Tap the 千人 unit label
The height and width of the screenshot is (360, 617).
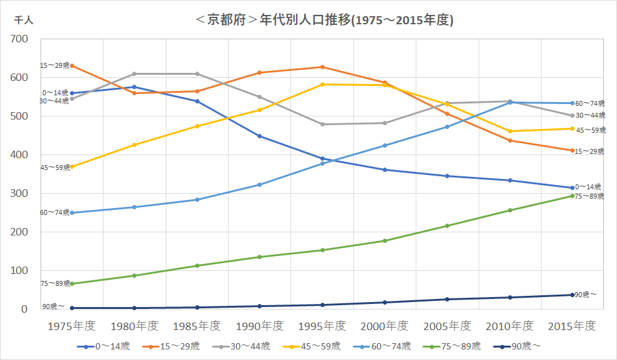click(x=24, y=20)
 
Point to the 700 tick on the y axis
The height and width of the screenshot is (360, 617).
click(x=19, y=39)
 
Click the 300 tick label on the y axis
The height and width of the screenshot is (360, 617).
click(x=19, y=193)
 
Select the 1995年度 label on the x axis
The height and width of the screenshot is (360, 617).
click(x=322, y=326)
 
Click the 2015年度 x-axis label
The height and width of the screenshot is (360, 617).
click(x=572, y=326)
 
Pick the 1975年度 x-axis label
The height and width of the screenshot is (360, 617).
click(x=72, y=326)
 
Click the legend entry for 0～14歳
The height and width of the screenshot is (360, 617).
click(x=103, y=346)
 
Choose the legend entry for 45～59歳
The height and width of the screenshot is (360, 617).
click(x=311, y=346)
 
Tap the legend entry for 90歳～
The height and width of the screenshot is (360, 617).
click(x=517, y=346)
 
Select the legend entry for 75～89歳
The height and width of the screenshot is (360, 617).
click(x=452, y=346)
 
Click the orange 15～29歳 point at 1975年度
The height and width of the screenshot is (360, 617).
click(x=72, y=65)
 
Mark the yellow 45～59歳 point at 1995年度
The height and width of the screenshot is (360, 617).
click(x=322, y=84)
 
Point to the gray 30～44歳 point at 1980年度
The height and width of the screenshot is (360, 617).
click(x=135, y=74)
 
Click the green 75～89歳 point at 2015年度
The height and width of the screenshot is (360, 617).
click(x=572, y=196)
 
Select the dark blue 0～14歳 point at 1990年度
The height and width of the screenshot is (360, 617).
click(x=260, y=136)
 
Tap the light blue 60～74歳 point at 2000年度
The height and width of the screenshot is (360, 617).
click(x=385, y=146)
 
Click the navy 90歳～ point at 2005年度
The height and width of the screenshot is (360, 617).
click(x=447, y=300)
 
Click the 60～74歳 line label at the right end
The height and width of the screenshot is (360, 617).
click(x=590, y=103)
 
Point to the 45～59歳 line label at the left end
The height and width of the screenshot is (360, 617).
click(x=55, y=168)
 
